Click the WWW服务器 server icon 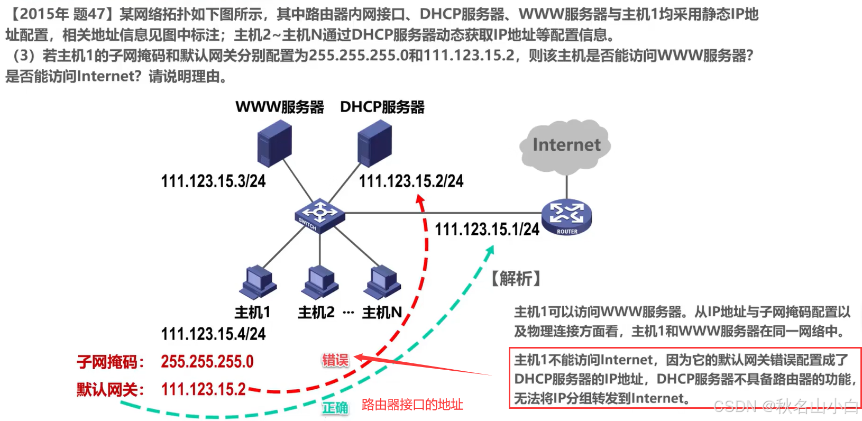pyautogui.click(x=274, y=142)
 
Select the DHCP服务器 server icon pyautogui.click(x=374, y=142)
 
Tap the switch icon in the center pyautogui.click(x=319, y=215)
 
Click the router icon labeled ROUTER pyautogui.click(x=566, y=217)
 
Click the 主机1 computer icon pyautogui.click(x=258, y=282)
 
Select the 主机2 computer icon pyautogui.click(x=319, y=282)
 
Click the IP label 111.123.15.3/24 pyautogui.click(x=213, y=181)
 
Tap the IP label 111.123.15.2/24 pyautogui.click(x=411, y=181)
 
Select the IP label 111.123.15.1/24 pyautogui.click(x=487, y=230)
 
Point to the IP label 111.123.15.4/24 pyautogui.click(x=213, y=334)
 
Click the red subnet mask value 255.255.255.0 pyautogui.click(x=207, y=362)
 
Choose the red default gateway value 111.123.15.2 pyautogui.click(x=203, y=390)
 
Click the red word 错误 pyautogui.click(x=335, y=361)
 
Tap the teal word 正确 pyautogui.click(x=335, y=408)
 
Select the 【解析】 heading pyautogui.click(x=516, y=279)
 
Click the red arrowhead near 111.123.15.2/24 pyautogui.click(x=420, y=200)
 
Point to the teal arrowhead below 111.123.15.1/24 pyautogui.click(x=490, y=251)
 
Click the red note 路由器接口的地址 pyautogui.click(x=412, y=405)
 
